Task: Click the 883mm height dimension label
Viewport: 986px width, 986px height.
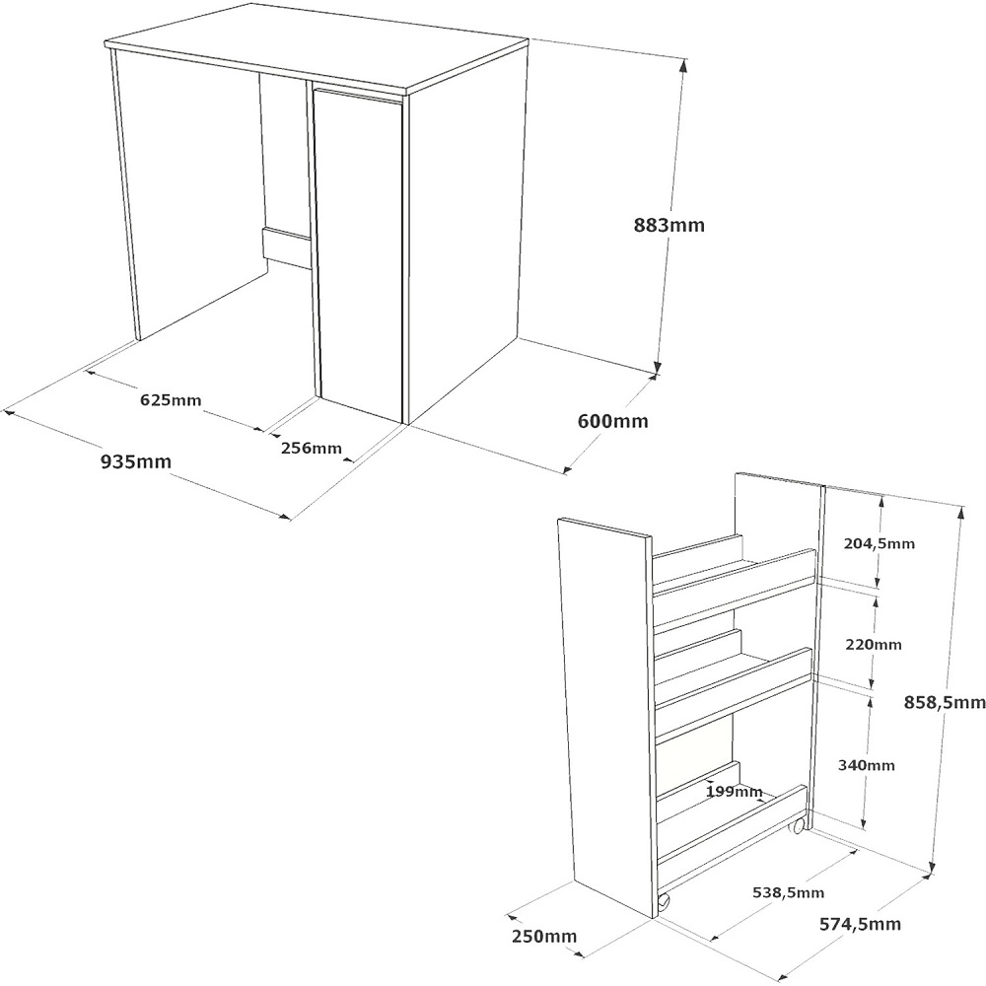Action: [669, 225]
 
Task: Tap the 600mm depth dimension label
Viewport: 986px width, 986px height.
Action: [612, 421]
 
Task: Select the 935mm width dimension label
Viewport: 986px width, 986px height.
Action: [136, 461]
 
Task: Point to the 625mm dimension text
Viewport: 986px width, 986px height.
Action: [171, 399]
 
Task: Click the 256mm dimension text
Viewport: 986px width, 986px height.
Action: [312, 448]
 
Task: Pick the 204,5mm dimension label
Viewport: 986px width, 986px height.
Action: [880, 543]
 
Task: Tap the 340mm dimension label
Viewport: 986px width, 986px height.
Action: [866, 765]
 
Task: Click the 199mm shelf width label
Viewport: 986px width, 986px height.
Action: [734, 791]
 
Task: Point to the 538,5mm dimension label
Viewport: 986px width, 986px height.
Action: [788, 892]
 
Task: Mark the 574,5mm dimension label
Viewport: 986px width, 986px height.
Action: [860, 924]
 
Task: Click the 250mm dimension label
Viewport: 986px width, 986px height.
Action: [544, 937]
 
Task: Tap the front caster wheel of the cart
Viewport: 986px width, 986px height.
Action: [664, 902]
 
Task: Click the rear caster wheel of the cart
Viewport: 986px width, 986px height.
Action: [799, 825]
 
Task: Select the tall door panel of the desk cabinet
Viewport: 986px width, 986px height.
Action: [359, 254]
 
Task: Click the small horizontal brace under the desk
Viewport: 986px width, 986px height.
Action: [287, 248]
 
